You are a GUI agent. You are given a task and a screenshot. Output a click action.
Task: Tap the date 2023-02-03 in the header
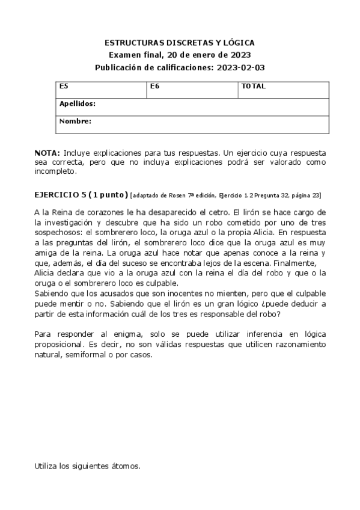pyautogui.click(x=240, y=67)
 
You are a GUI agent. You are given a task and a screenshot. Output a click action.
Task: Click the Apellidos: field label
pyautogui.click(x=78, y=103)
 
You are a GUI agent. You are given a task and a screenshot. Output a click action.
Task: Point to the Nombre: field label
pyautogui.click(x=75, y=121)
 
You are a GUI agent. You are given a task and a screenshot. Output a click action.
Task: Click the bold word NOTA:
pyautogui.click(x=47, y=153)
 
